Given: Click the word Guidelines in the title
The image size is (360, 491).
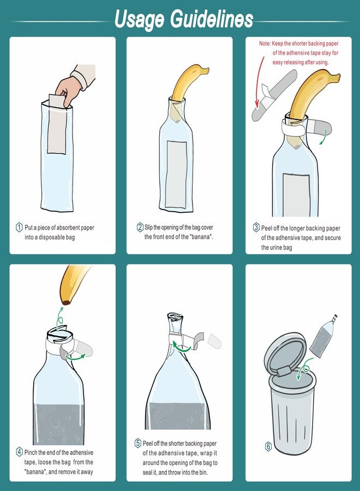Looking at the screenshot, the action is tap(211, 19).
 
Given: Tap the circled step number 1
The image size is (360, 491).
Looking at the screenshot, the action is tap(19, 227).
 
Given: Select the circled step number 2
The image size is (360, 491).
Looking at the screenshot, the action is tap(140, 227).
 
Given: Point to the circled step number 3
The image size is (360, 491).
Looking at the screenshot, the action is tap(256, 227).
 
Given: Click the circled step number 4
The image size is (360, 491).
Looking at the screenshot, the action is tap(19, 452).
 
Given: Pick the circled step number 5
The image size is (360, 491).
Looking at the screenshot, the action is tap(138, 443).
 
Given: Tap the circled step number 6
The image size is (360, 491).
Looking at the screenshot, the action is tap(268, 446).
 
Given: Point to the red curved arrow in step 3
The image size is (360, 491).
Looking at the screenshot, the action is tap(258, 78).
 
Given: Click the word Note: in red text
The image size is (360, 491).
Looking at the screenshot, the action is tap(265, 44).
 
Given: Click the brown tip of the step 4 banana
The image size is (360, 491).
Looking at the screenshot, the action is tap(66, 302).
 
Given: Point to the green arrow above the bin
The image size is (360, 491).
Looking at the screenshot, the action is tap(304, 369).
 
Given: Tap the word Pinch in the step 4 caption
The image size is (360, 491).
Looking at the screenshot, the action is tap(31, 452).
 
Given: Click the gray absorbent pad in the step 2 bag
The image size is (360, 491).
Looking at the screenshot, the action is tap(176, 174).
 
